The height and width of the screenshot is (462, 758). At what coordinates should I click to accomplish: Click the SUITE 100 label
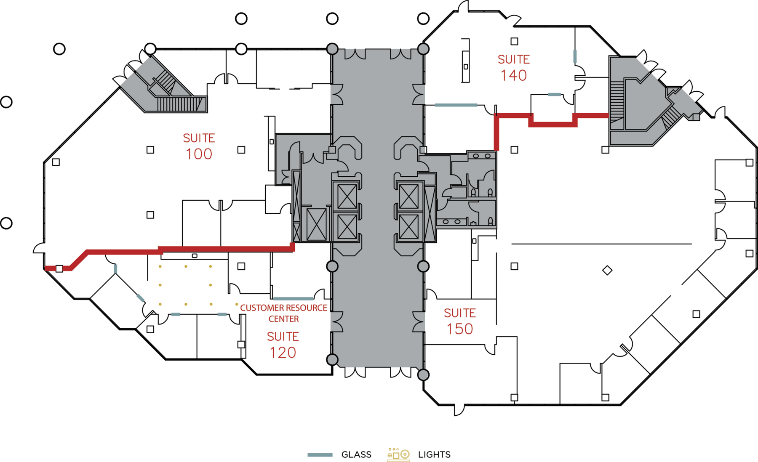click(x=199, y=146)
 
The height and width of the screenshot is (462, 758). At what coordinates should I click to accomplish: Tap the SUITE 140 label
click(x=514, y=67)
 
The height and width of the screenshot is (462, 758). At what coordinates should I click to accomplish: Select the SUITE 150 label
click(x=460, y=321)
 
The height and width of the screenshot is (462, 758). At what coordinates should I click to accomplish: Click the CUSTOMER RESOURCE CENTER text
click(x=283, y=313)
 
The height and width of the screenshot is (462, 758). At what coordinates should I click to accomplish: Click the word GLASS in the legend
click(x=356, y=454)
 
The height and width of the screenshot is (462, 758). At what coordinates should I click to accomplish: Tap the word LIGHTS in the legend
click(x=434, y=454)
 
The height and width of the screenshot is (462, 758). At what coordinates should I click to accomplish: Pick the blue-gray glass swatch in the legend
click(x=320, y=454)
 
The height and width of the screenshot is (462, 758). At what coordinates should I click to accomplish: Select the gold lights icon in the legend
click(x=398, y=454)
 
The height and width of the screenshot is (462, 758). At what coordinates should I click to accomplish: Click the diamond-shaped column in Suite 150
click(x=607, y=270)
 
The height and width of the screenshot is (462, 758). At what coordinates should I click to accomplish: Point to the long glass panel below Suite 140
click(x=456, y=105)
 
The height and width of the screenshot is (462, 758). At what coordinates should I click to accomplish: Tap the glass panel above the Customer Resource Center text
click(x=294, y=298)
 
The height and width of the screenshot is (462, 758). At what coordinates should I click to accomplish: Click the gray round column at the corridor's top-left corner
click(x=332, y=49)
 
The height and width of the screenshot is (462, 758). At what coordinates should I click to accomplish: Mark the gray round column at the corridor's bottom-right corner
click(x=423, y=374)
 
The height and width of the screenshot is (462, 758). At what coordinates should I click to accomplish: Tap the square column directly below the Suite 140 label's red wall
click(x=514, y=150)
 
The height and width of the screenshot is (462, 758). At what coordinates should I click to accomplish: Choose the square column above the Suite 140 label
click(x=514, y=41)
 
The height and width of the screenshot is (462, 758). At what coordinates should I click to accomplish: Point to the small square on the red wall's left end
click(x=59, y=268)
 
